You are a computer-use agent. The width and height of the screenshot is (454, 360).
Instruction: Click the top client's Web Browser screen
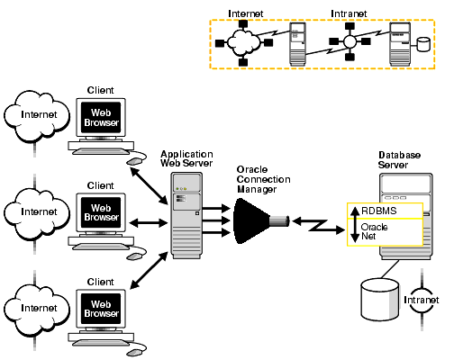click(x=101, y=116)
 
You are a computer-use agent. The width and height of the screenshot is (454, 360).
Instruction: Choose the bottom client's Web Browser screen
click(x=101, y=307)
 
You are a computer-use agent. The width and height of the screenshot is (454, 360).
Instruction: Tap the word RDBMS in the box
click(x=379, y=211)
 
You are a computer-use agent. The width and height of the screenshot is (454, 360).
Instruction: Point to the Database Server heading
click(x=399, y=159)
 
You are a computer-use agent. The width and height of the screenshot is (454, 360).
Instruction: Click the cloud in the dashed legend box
click(x=243, y=42)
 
